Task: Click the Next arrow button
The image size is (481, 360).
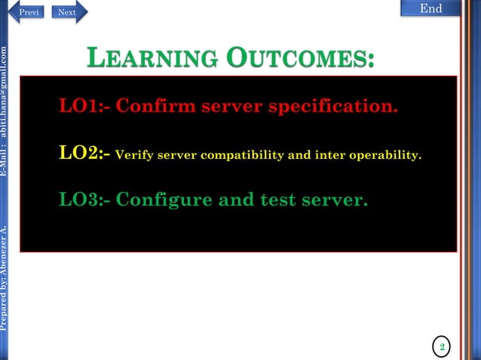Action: click(x=69, y=12)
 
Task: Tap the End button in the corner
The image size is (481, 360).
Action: click(x=430, y=8)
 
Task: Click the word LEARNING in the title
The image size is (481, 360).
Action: click(x=150, y=58)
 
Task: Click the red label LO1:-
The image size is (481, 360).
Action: click(x=84, y=106)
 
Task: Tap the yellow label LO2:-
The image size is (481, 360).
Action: click(x=84, y=154)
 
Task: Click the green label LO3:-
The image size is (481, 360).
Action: click(x=84, y=200)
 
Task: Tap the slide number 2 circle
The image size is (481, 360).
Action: click(x=442, y=346)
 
